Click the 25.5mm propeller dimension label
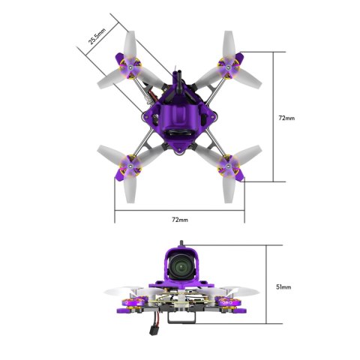[x=97, y=35]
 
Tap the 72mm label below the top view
[x=179, y=220]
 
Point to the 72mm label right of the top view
[x=286, y=118]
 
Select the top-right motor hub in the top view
[x=226, y=69]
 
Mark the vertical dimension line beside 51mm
[x=267, y=285]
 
